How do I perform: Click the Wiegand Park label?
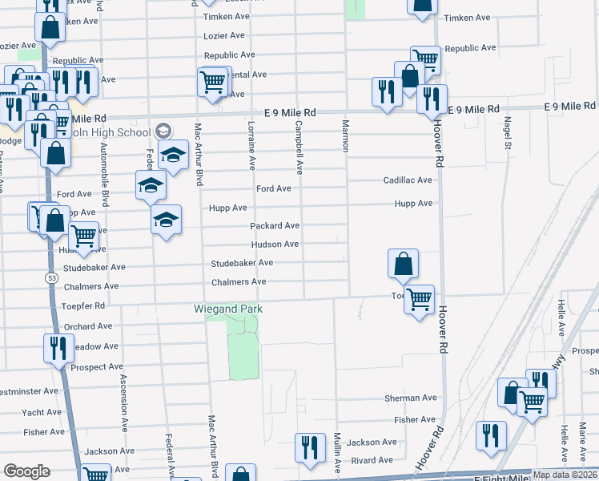(228, 309)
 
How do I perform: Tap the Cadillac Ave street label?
(408, 180)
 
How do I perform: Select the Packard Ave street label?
(275, 226)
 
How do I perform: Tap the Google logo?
(26, 471)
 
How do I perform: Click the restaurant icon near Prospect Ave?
(58, 348)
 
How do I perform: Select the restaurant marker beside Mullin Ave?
(308, 447)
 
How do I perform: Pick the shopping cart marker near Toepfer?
(419, 300)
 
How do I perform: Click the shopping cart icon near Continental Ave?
(212, 81)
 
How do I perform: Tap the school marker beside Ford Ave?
(151, 186)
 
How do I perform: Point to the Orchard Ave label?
(88, 326)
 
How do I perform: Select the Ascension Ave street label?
(123, 402)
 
